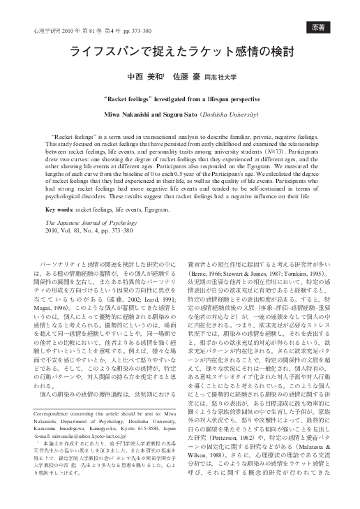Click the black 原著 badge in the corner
(319, 27)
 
